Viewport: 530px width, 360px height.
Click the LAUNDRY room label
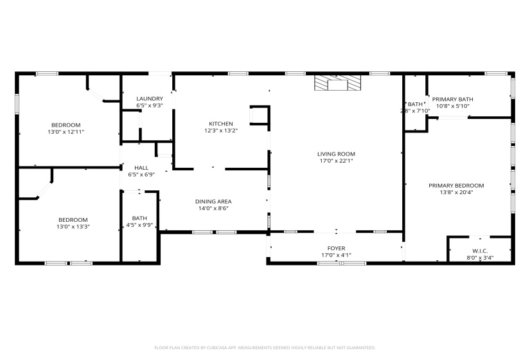[x=149, y=98]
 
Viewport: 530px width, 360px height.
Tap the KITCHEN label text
[x=220, y=124]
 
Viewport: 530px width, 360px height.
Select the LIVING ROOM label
[x=336, y=154]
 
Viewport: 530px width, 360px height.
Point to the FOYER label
[x=336, y=248]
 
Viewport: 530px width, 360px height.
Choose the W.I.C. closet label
[x=480, y=251]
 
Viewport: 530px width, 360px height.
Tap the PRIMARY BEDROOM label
[x=456, y=185]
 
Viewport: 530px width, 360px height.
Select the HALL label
[x=141, y=168]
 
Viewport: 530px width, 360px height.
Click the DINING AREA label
[x=213, y=201]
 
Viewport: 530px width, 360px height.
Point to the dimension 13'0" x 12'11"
[x=66, y=132]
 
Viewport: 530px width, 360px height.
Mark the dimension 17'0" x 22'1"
[x=336, y=161]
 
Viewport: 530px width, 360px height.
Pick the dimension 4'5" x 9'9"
[x=139, y=225]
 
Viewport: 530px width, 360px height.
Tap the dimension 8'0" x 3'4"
[x=480, y=258]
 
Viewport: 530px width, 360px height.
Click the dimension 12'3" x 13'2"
[x=220, y=131]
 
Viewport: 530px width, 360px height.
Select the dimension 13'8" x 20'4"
[x=456, y=192]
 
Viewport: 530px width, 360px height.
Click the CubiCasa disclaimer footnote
[x=265, y=348]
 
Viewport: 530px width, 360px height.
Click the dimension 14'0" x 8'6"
[x=213, y=208]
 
